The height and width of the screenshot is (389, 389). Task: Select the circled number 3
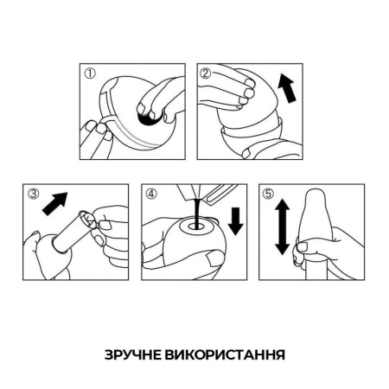coord(33,194)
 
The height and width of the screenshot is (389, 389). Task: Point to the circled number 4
coord(150,194)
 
